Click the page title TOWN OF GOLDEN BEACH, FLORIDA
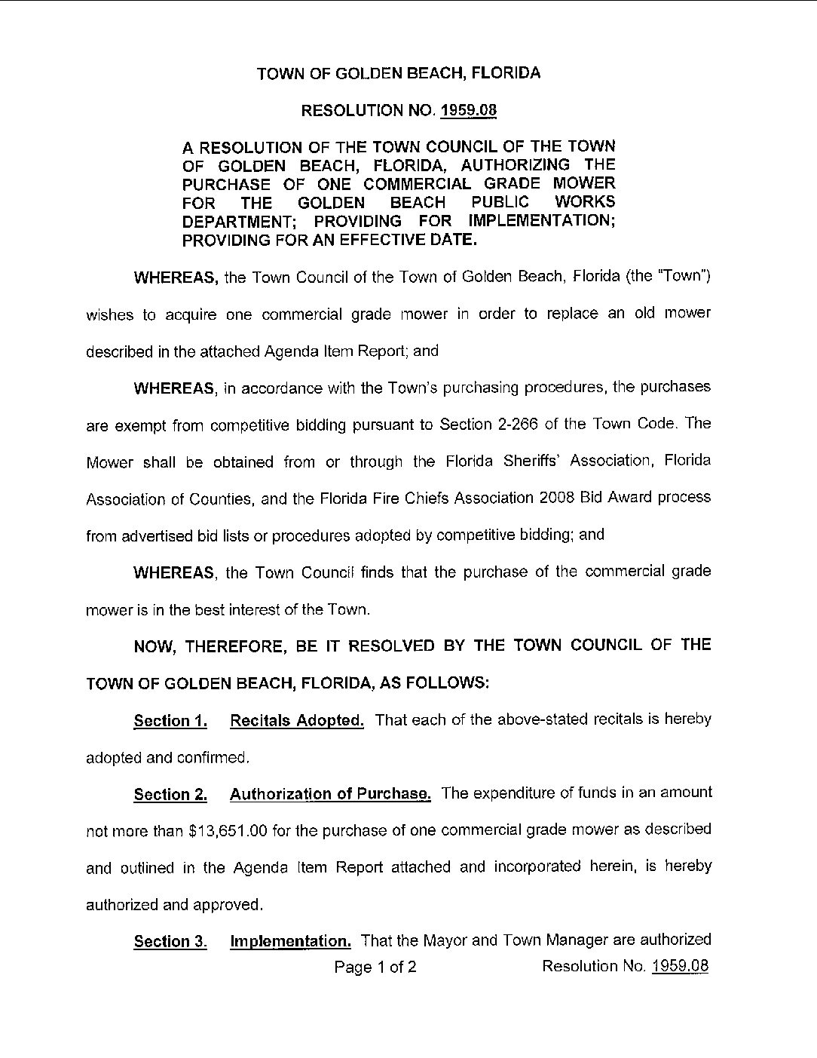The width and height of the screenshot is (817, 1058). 399,73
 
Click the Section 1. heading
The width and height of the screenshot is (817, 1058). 170,721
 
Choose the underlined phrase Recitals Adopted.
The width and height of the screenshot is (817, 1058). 297,720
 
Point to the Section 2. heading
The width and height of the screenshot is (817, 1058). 170,794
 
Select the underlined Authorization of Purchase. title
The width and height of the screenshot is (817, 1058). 330,793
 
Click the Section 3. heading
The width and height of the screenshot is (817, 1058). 170,941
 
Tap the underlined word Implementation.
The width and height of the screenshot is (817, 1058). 290,941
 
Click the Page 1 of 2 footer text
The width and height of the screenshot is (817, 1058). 375,967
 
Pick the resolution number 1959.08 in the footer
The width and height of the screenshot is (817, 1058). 680,966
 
